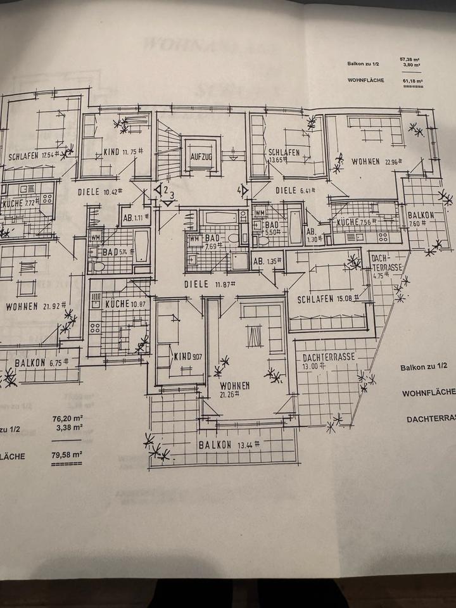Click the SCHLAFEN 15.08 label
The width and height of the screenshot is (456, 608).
[x=324, y=298]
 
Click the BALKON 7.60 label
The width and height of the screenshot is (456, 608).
[x=421, y=218]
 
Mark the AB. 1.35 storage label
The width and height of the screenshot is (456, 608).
[x=266, y=261]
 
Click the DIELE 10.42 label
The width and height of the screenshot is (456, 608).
[x=100, y=191]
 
